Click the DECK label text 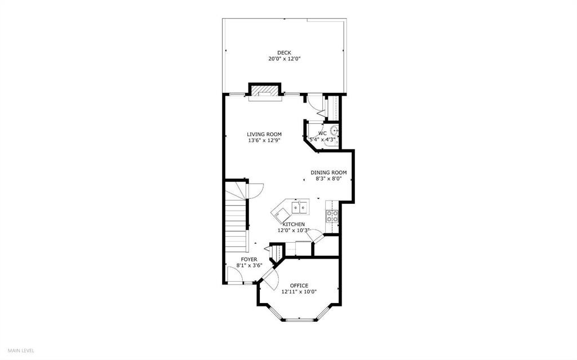coord(284,52)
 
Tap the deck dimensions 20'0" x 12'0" coord(284,59)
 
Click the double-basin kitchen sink coord(299,208)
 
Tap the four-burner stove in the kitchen coord(332,217)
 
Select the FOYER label coord(249,259)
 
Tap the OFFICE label coord(299,285)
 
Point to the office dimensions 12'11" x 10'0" coord(299,291)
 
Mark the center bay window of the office coord(299,319)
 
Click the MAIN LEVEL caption coord(20,350)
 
